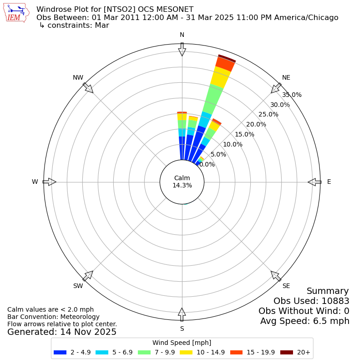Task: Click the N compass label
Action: tap(182, 35)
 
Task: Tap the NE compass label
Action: tap(286, 78)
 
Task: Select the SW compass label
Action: tap(78, 286)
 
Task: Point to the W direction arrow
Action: tap(49, 182)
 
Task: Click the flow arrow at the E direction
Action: tap(314, 182)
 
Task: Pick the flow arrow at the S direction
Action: tap(182, 314)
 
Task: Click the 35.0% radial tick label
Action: tap(292, 95)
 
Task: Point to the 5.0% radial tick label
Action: tap(218, 154)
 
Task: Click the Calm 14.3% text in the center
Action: tap(182, 182)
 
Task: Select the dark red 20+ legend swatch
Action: tap(286, 352)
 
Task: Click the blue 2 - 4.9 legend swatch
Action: tap(60, 352)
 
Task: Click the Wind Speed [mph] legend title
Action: tap(182, 343)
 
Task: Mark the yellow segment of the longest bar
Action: tap(220, 77)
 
